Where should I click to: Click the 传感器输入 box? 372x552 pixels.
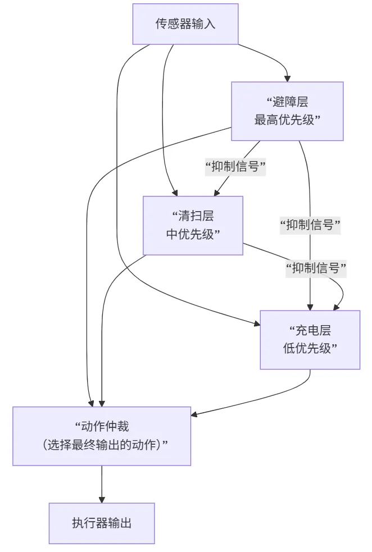tap(185, 24)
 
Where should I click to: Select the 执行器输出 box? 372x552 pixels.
tap(102, 523)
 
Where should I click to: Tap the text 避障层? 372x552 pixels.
tap(290, 102)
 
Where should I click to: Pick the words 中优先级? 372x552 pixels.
tap(193, 234)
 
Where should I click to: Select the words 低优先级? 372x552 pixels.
tap(310, 348)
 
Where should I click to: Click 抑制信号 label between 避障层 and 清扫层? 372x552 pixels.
tap(235, 167)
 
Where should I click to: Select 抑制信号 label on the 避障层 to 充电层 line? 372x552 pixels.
tap(310, 226)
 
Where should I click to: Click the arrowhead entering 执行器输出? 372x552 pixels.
tap(102, 499)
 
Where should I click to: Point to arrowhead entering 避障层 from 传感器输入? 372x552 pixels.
tap(287, 79)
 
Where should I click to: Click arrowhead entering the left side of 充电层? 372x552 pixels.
tap(257, 322)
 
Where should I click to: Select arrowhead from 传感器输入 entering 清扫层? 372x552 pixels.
tap(175, 193)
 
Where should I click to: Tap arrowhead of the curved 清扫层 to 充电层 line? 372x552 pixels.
tap(337, 307)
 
